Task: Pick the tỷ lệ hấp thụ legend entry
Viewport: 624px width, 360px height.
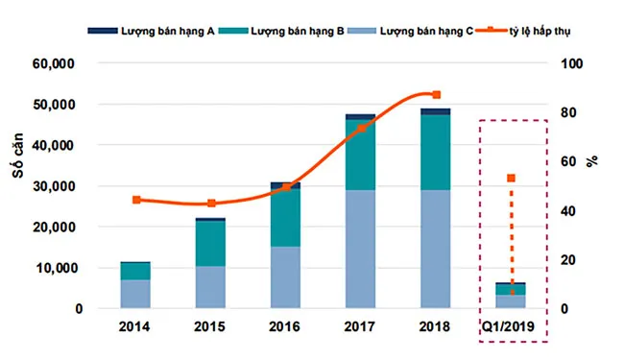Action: coord(546,31)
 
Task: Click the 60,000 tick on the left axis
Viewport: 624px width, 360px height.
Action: coord(73,64)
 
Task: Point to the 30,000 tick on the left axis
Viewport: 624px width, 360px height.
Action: coord(73,186)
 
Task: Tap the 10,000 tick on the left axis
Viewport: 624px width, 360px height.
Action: coord(73,268)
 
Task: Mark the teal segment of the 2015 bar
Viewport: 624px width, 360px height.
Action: coord(211,244)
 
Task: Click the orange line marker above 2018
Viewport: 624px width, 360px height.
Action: coord(437,95)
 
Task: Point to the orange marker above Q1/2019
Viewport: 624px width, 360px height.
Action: coord(512,179)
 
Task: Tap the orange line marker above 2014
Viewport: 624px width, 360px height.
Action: coord(136,200)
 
